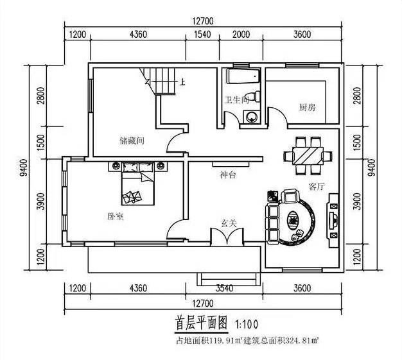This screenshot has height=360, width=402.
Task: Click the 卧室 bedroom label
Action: (x=116, y=216)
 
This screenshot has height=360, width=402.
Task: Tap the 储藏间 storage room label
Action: (x=130, y=139)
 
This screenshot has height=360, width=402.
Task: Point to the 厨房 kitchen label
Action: (x=306, y=107)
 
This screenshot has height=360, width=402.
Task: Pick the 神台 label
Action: (x=228, y=174)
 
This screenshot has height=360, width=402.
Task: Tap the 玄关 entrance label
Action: (x=229, y=223)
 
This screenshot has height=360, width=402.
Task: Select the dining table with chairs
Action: (x=306, y=155)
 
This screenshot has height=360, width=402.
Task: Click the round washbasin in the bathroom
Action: (x=251, y=116)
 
